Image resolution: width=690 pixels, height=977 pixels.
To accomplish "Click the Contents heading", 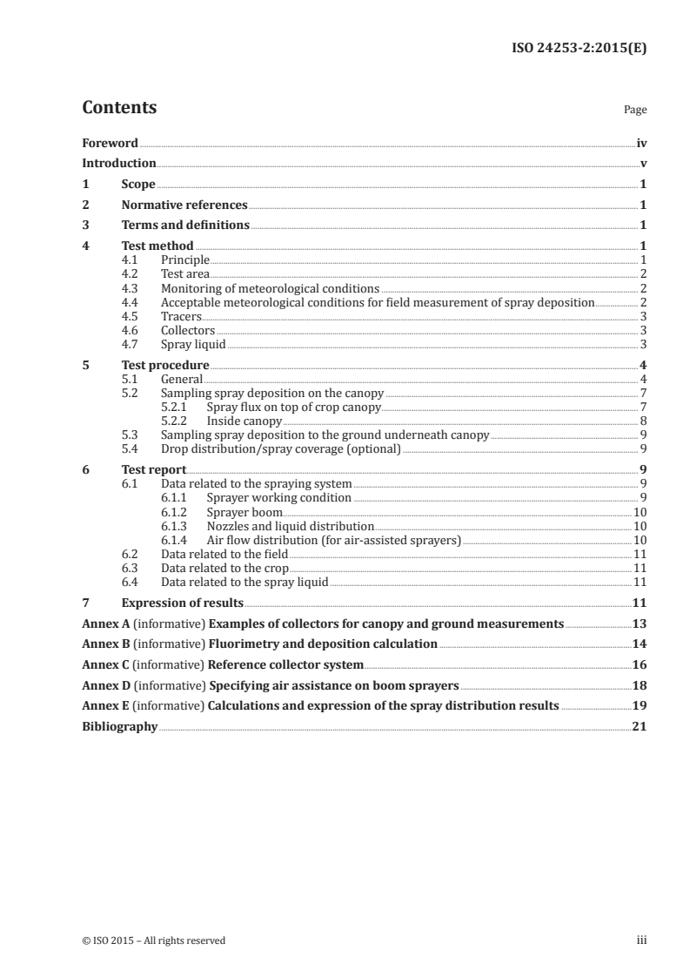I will click(x=119, y=108).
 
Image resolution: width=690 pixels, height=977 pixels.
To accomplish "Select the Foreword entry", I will click(x=110, y=143).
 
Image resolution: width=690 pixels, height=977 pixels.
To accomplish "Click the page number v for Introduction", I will click(x=643, y=163).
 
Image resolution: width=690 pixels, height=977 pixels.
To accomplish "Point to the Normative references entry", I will click(x=184, y=206).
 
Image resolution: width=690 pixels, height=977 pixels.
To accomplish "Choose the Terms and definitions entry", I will click(x=185, y=226).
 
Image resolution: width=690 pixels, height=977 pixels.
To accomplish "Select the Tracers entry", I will click(x=181, y=315).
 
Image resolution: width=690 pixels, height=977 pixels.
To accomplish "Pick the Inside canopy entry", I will click(x=244, y=421).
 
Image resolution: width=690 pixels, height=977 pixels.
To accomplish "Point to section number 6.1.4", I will click(x=178, y=540).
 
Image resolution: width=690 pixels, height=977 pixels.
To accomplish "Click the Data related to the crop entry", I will click(x=224, y=568).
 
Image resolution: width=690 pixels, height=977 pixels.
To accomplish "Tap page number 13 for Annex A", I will click(x=640, y=623).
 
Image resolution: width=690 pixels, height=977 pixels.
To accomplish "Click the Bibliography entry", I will click(x=119, y=726).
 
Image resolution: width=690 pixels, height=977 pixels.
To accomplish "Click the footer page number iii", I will click(x=641, y=940).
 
